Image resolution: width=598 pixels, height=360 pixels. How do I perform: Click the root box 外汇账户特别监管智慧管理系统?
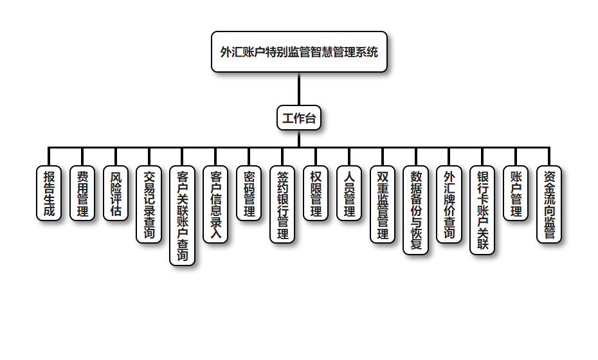click(299, 52)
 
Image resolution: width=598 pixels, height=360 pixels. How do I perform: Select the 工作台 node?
click(299, 118)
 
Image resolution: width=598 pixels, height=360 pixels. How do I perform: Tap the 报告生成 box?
click(49, 194)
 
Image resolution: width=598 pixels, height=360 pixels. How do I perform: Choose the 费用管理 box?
click(82, 194)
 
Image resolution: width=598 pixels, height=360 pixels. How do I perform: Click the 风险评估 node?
click(116, 194)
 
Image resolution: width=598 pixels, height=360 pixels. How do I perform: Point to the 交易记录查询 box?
click(149, 204)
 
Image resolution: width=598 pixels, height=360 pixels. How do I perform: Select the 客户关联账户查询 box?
click(183, 216)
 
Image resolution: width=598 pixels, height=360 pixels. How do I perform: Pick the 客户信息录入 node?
click(216, 204)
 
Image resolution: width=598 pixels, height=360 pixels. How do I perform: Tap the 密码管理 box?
click(249, 194)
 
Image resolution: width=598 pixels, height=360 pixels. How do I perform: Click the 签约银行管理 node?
click(282, 204)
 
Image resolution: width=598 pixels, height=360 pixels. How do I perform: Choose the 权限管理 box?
click(316, 194)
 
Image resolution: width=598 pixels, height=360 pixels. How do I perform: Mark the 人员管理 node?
click(349, 194)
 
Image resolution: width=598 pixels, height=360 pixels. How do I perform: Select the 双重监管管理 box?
click(383, 204)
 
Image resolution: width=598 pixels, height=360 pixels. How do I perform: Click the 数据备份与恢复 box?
click(416, 210)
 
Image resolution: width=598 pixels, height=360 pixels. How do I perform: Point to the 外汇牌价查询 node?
click(449, 204)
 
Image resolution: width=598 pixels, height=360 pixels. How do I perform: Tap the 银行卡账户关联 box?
click(482, 210)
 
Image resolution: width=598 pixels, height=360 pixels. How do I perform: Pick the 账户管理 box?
click(516, 194)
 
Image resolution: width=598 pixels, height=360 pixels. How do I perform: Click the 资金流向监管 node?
click(549, 204)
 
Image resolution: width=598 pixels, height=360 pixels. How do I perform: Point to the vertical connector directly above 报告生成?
click(49, 157)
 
